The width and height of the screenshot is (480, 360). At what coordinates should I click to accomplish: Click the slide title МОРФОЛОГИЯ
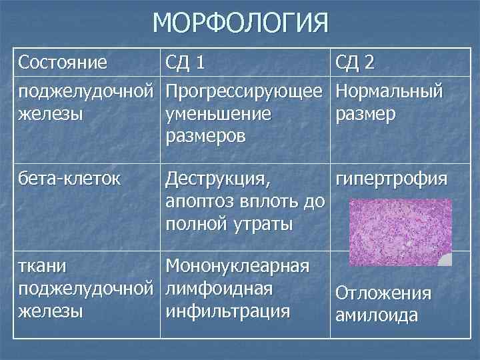241,23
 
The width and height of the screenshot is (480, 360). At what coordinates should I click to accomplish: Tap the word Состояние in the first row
63,63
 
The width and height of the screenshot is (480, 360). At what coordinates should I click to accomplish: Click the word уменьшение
218,113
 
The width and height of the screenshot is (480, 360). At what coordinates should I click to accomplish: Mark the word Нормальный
389,89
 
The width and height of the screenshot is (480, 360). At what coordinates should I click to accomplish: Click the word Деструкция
219,179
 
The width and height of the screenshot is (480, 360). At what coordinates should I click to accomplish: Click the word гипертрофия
392,179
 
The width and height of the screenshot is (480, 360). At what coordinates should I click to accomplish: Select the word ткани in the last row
43,266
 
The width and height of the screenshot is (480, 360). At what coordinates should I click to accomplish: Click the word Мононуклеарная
237,266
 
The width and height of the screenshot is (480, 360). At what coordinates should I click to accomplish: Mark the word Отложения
383,293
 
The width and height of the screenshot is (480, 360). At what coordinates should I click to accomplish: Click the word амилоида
376,315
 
